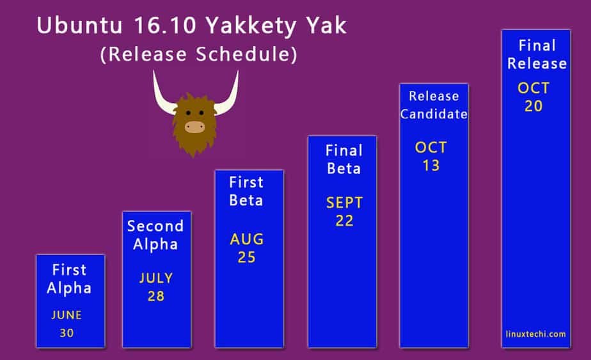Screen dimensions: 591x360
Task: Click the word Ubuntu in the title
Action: point(79,26)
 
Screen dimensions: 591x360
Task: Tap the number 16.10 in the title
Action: point(165,26)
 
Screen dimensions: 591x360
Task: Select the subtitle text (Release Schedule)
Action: point(199,54)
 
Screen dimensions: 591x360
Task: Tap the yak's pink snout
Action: point(194,127)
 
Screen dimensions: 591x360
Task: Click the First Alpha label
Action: point(69,279)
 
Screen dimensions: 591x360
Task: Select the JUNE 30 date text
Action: point(67,324)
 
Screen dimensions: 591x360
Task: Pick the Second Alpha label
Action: point(155,235)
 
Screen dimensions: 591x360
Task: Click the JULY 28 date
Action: point(156,287)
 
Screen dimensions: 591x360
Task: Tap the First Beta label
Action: point(246,191)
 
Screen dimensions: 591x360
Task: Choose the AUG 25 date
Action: point(247,248)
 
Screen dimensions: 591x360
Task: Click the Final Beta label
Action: point(343,159)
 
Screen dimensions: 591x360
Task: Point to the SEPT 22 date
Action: point(345,212)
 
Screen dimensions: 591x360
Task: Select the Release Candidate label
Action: point(434,105)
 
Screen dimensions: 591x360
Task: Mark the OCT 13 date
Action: point(431,157)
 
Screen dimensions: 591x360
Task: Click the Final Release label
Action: point(537,54)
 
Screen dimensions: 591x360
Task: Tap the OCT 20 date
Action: point(533,97)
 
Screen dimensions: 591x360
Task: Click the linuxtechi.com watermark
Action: point(535,334)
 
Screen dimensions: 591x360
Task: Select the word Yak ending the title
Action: point(326,26)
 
